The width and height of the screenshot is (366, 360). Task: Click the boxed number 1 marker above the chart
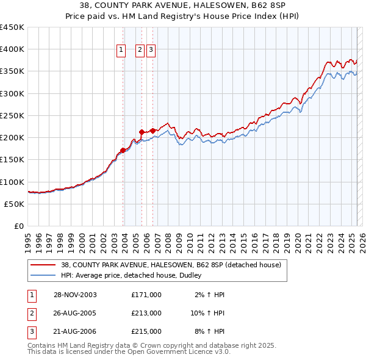[121, 51]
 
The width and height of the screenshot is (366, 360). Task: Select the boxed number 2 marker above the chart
[140, 51]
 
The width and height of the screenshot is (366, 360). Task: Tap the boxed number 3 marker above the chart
[151, 51]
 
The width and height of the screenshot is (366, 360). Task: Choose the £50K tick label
[15, 204]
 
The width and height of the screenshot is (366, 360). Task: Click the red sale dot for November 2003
[123, 149]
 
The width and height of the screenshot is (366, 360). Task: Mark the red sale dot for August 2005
[142, 131]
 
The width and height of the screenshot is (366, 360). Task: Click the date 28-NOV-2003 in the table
[76, 294]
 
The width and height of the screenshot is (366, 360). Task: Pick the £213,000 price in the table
[146, 313]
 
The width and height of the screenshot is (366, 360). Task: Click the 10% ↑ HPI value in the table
[207, 313]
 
